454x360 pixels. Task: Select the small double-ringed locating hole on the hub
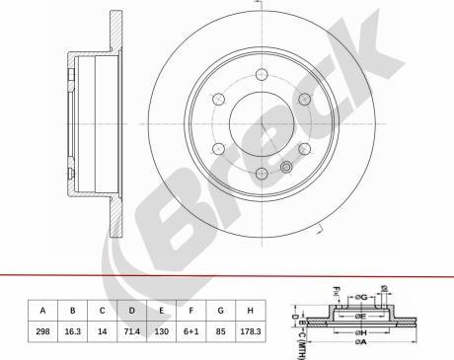point(287,168)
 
